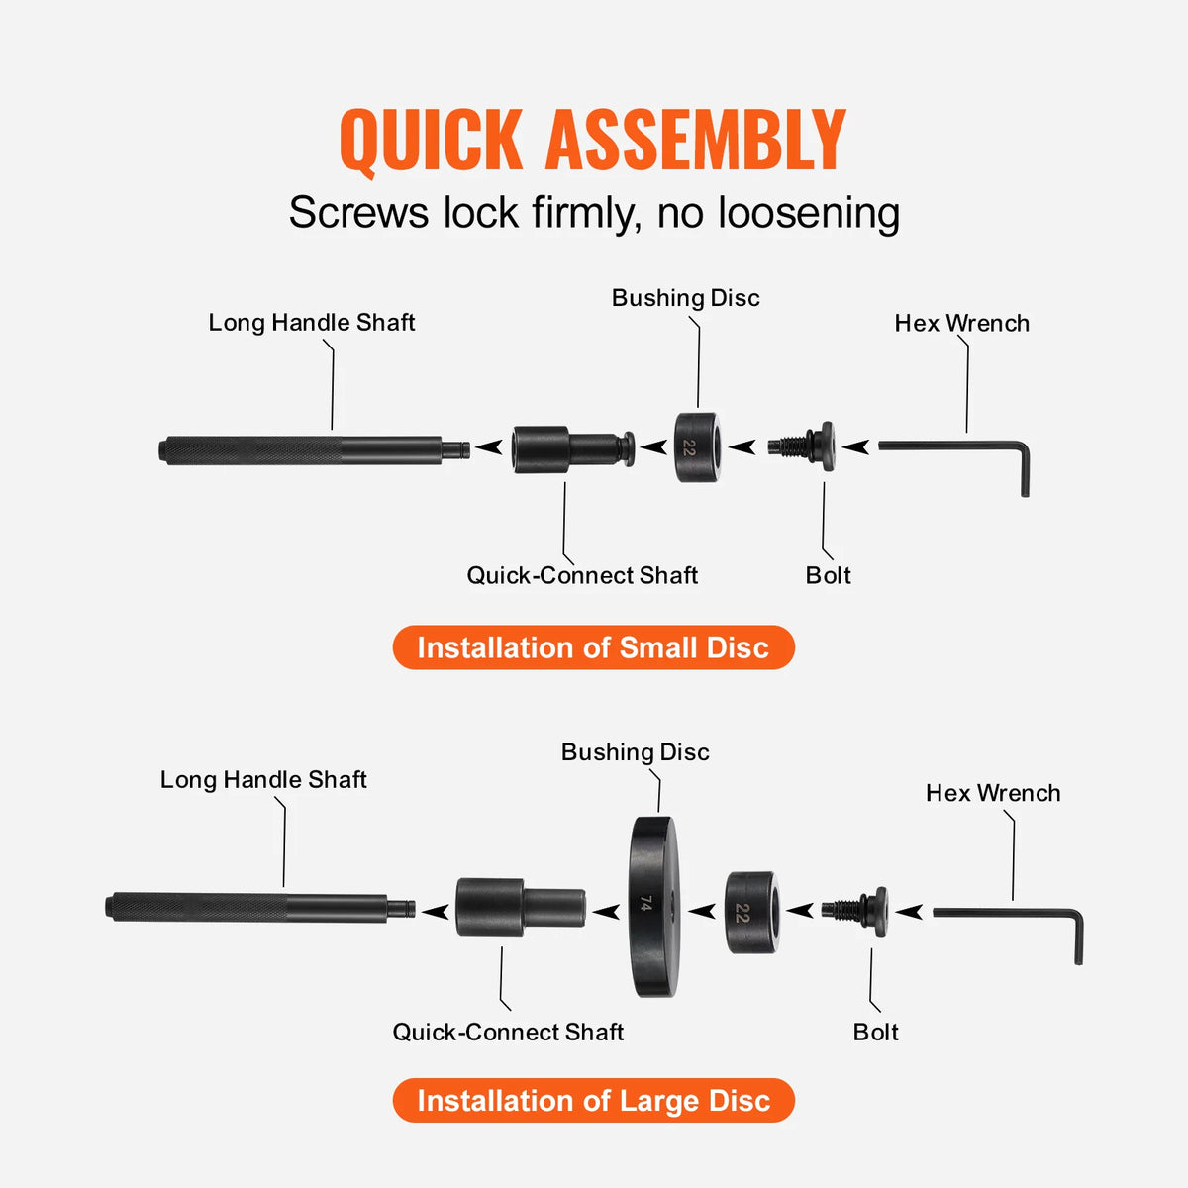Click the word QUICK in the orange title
coord(431,141)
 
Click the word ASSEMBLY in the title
coord(696,141)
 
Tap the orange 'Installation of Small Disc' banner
coord(593,647)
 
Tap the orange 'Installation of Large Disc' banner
coord(593,1101)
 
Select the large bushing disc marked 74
coord(652,906)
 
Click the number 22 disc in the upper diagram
coord(698,447)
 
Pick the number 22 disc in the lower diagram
coord(751,913)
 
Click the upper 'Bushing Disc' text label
coord(685,298)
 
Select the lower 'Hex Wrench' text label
coord(993,793)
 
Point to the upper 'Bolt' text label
coord(828,575)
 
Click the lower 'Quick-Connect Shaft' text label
coord(508,1032)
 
